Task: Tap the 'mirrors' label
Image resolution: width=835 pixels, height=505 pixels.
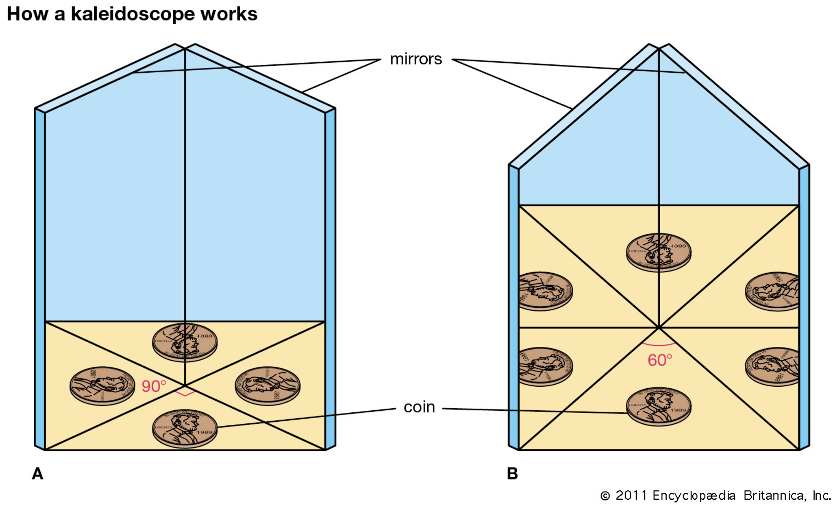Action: (x=415, y=60)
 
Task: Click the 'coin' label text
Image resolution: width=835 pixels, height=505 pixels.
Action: (x=419, y=407)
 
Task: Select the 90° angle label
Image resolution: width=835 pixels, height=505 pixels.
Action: (x=154, y=386)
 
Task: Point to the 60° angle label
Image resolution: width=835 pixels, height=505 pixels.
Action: (x=660, y=360)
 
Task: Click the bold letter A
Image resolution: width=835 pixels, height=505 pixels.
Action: (x=38, y=474)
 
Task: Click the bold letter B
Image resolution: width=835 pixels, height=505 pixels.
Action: (x=512, y=474)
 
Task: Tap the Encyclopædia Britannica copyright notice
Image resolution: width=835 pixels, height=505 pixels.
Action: (x=716, y=495)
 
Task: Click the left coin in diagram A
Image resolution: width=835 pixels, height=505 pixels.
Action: (x=102, y=385)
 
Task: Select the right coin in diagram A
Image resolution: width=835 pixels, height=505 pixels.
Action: (x=267, y=385)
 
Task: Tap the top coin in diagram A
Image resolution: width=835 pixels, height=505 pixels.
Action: (x=185, y=342)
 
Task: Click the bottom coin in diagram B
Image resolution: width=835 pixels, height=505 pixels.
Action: (x=658, y=406)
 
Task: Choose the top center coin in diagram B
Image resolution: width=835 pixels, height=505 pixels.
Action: (x=658, y=252)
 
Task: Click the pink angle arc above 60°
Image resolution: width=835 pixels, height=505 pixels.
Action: (x=659, y=345)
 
